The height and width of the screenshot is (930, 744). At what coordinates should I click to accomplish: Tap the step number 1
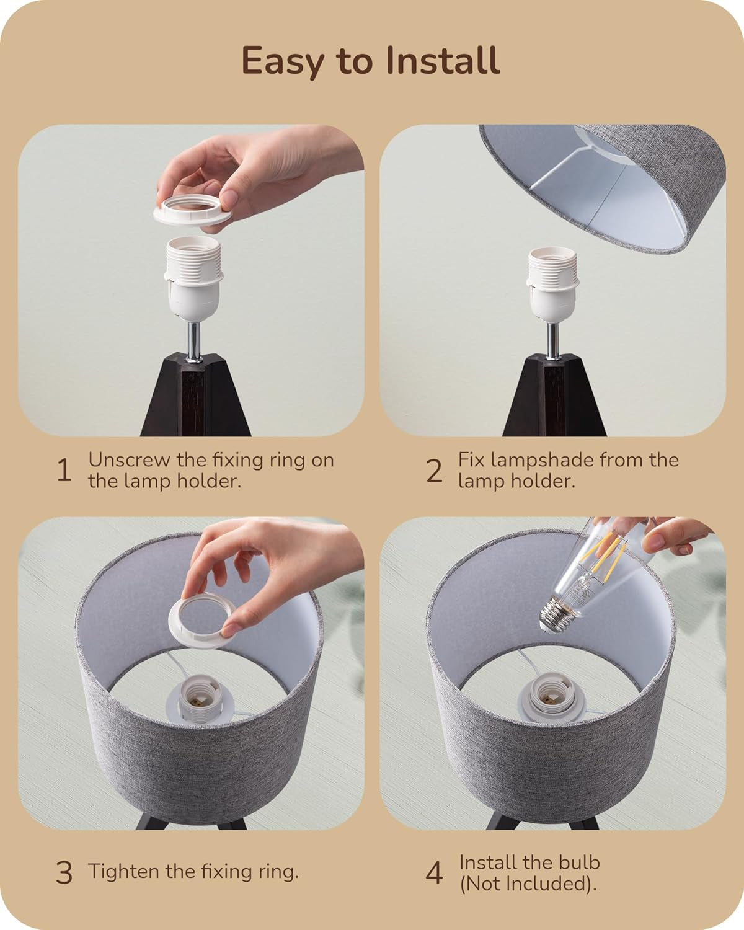(x=64, y=471)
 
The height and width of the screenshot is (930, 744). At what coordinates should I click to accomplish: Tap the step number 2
(x=434, y=471)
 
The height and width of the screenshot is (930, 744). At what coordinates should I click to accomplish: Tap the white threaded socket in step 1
(x=193, y=278)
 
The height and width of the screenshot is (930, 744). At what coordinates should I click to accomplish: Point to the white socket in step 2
(x=553, y=284)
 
